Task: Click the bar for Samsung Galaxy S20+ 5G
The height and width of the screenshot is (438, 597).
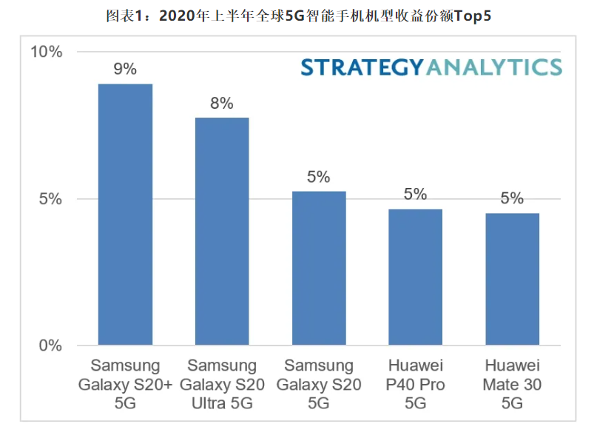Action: click(125, 215)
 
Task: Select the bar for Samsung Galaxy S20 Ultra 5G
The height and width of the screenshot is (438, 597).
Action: click(222, 231)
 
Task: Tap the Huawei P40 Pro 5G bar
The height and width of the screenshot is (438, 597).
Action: click(415, 277)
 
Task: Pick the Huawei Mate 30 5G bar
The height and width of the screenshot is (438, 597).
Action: click(512, 279)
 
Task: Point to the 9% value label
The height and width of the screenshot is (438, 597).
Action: click(125, 70)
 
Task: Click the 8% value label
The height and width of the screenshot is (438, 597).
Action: click(222, 104)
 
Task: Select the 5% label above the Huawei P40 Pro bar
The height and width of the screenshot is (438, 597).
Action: click(415, 195)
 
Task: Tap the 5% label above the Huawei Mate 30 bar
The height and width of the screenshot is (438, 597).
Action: click(512, 198)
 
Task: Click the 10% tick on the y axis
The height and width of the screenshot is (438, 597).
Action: click(46, 52)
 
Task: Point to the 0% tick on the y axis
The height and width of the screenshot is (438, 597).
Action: click(50, 346)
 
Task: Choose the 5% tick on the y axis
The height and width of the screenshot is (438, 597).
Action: click(50, 199)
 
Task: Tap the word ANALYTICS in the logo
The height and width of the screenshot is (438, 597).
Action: click(493, 67)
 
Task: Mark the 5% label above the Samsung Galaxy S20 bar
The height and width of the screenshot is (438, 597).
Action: click(318, 178)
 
